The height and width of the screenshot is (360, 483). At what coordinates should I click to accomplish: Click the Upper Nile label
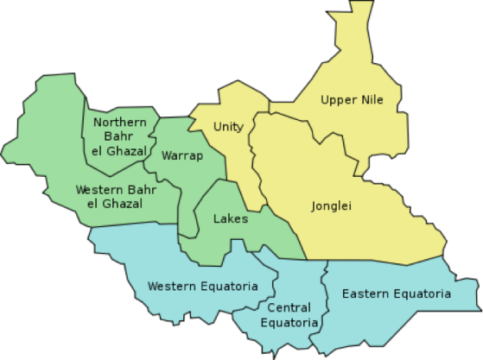click(352, 99)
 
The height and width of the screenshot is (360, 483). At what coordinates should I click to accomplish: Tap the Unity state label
click(228, 127)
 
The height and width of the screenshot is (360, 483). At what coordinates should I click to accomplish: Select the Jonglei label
click(332, 205)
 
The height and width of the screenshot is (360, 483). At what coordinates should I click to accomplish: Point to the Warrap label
click(182, 156)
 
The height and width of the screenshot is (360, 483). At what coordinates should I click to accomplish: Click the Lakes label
click(231, 218)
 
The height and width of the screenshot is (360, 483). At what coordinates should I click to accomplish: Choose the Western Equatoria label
click(203, 286)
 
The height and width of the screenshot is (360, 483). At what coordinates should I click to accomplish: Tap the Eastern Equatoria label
click(396, 294)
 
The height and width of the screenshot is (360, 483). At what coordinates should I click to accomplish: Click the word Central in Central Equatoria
click(289, 308)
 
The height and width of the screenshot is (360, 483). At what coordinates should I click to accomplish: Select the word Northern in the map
click(126, 122)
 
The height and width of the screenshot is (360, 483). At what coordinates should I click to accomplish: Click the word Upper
click(338, 99)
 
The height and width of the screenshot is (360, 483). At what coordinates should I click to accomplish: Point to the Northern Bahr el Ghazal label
click(126, 136)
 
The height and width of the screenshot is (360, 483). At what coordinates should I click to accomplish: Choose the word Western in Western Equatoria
click(172, 286)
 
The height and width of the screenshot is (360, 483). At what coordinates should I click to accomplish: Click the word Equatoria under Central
click(289, 323)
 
